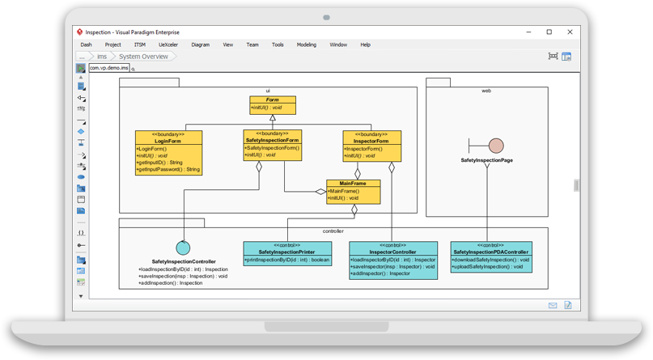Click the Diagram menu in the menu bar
coord(200,44)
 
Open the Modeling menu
coord(306,44)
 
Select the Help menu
coord(365,44)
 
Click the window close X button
coord(570,32)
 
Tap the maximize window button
coord(549,32)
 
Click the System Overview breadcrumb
coord(144,57)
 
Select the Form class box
coord(273,104)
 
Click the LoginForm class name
coord(169,141)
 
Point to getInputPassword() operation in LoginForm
coord(169,169)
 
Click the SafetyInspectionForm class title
coord(272,140)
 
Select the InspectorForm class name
coord(371,141)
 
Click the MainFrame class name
coord(353,183)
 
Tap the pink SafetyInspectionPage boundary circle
coord(496,146)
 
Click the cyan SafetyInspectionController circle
coord(184,248)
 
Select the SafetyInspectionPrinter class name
coord(286,252)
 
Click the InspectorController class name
coord(392,252)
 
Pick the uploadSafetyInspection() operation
coord(490,266)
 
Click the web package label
coord(486,91)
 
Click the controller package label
coord(333,231)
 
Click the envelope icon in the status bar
coord(553,306)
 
